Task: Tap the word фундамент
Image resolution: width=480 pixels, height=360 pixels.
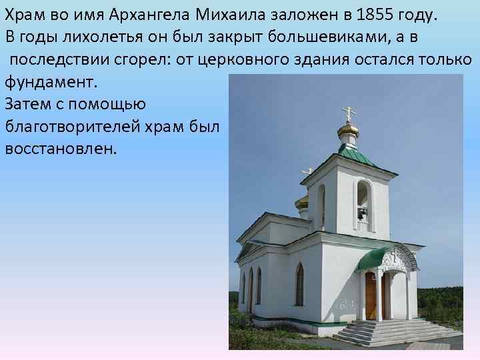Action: [51, 82]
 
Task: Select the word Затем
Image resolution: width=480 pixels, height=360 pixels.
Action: [25, 103]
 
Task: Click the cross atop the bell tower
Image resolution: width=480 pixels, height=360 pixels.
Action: [348, 111]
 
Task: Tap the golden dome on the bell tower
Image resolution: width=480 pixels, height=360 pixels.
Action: [348, 129]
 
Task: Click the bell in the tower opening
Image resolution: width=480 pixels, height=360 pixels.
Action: [362, 213]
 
